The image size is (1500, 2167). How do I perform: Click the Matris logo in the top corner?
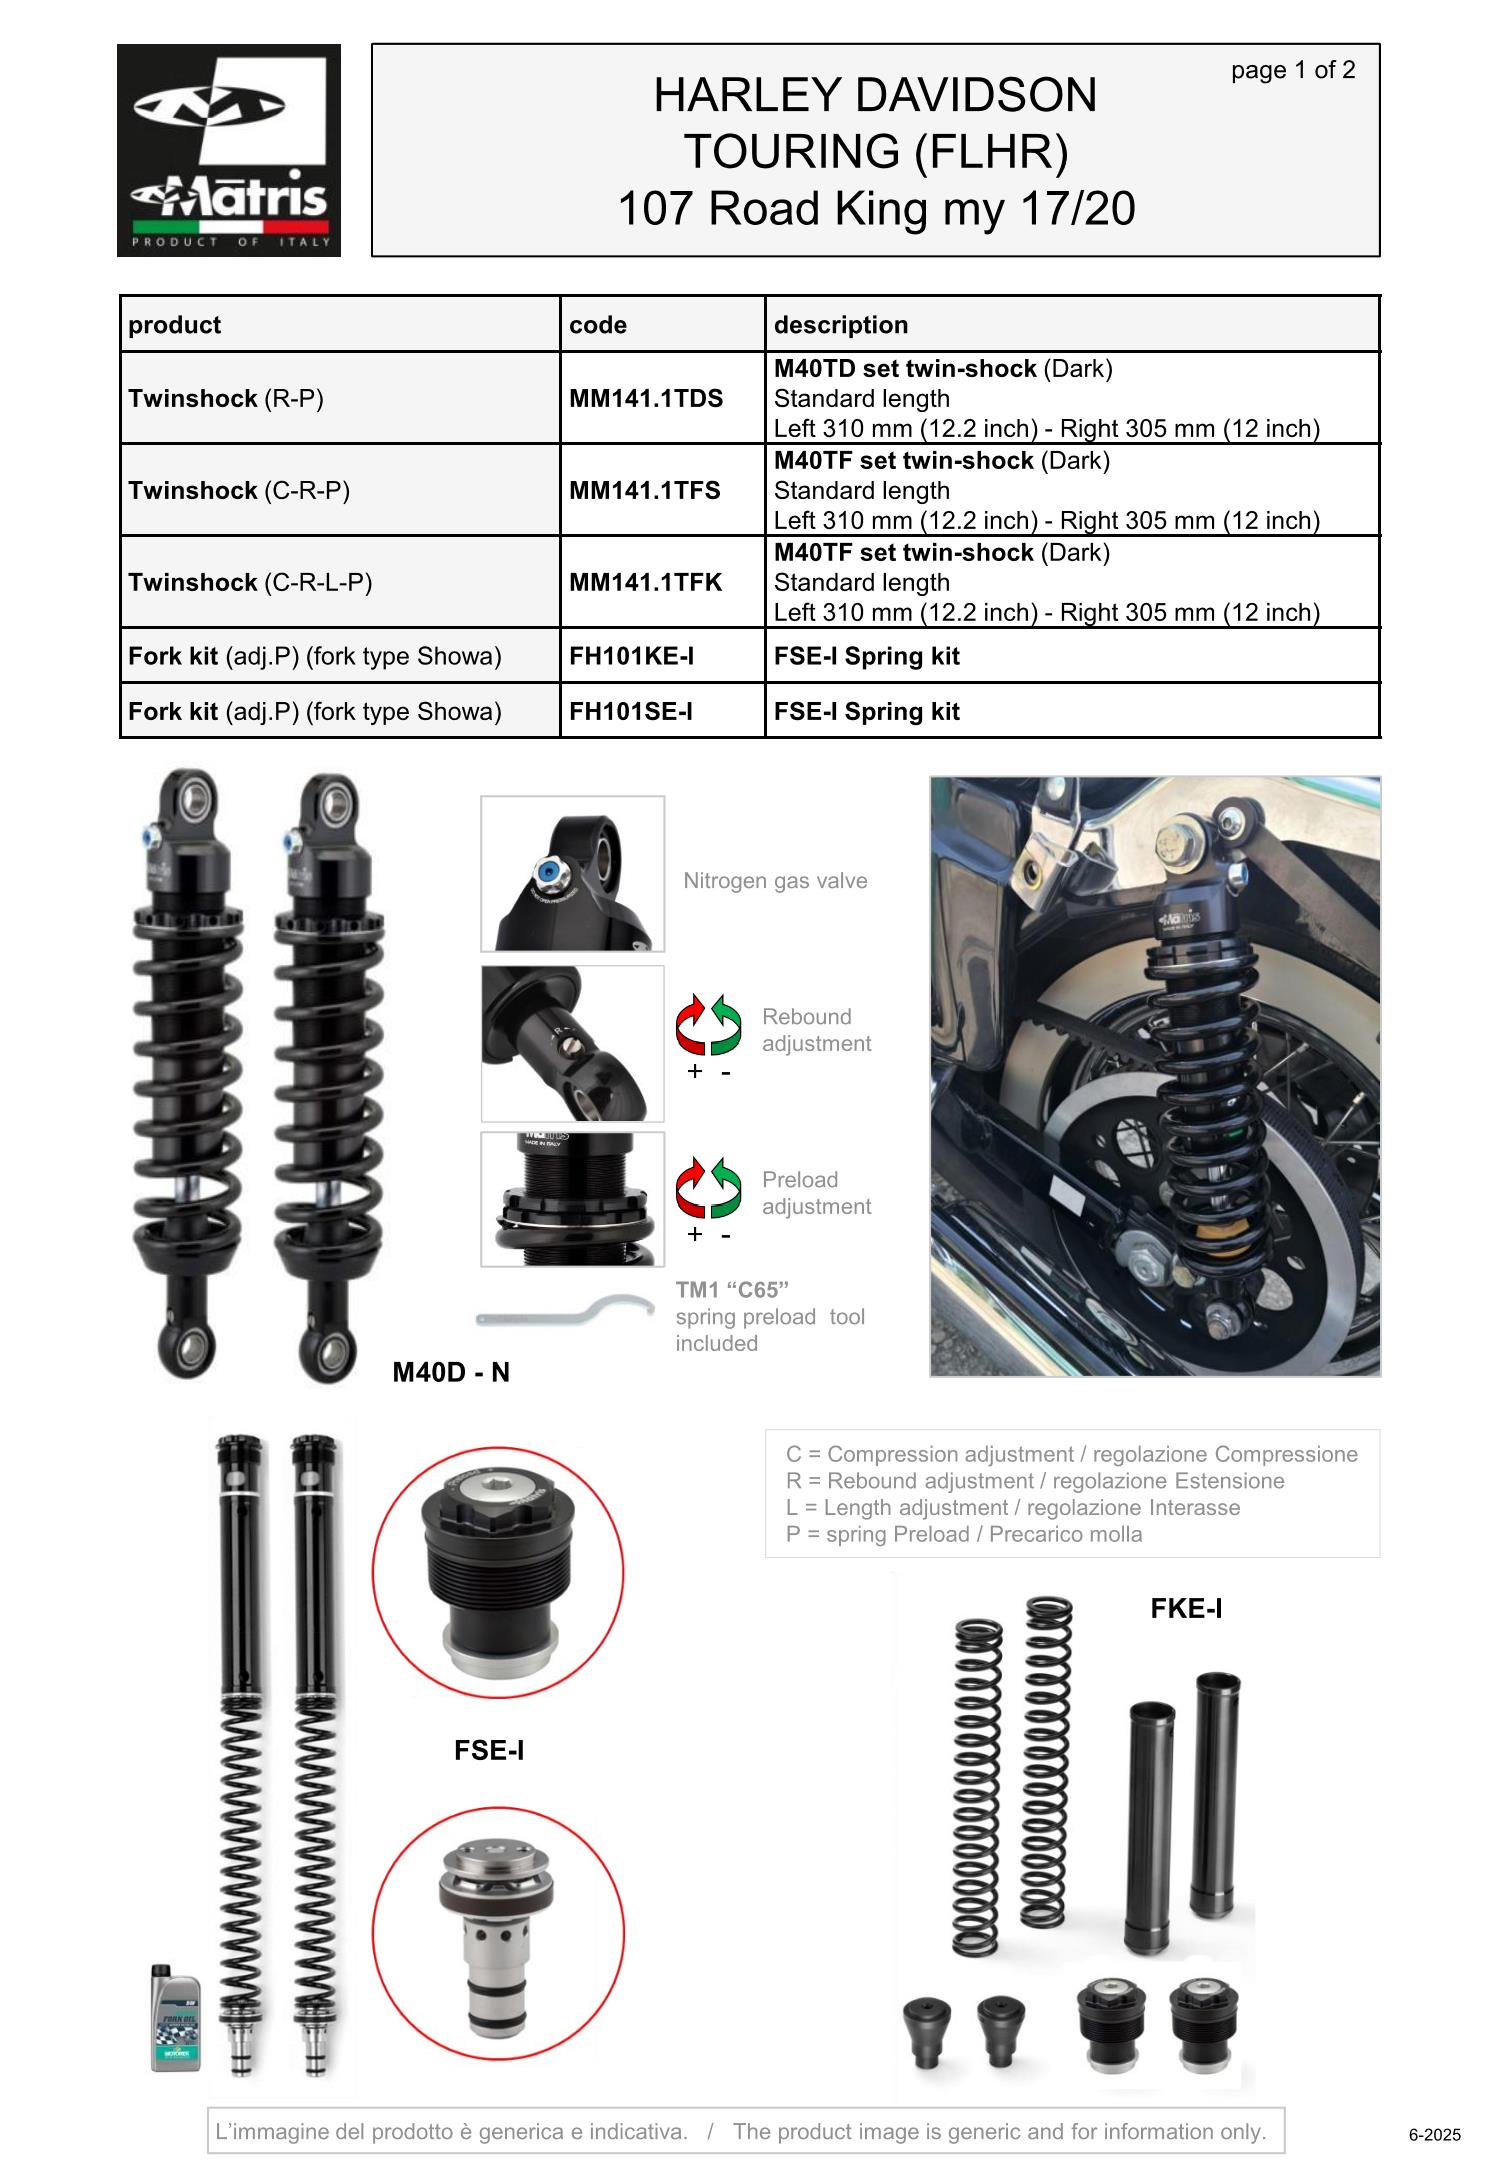point(229,150)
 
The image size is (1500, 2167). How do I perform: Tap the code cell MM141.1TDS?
point(646,398)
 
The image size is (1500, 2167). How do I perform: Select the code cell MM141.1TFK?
point(646,582)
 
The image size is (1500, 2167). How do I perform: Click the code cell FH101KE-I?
point(631,656)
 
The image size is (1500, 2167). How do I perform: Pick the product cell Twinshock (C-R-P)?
point(239,490)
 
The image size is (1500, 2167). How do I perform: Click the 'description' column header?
point(841,325)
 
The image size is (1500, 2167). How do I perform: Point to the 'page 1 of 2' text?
point(1293,70)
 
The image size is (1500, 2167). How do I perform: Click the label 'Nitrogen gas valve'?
point(775,881)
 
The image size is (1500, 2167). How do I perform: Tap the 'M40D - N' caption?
point(451,1372)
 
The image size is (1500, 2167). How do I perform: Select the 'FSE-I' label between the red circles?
point(489,1750)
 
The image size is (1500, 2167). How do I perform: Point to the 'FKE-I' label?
point(1186,1608)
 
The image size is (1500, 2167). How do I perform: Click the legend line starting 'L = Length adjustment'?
point(1013,1507)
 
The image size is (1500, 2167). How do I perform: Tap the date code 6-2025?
point(1435,2135)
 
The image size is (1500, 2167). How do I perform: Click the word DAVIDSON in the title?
point(976,95)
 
